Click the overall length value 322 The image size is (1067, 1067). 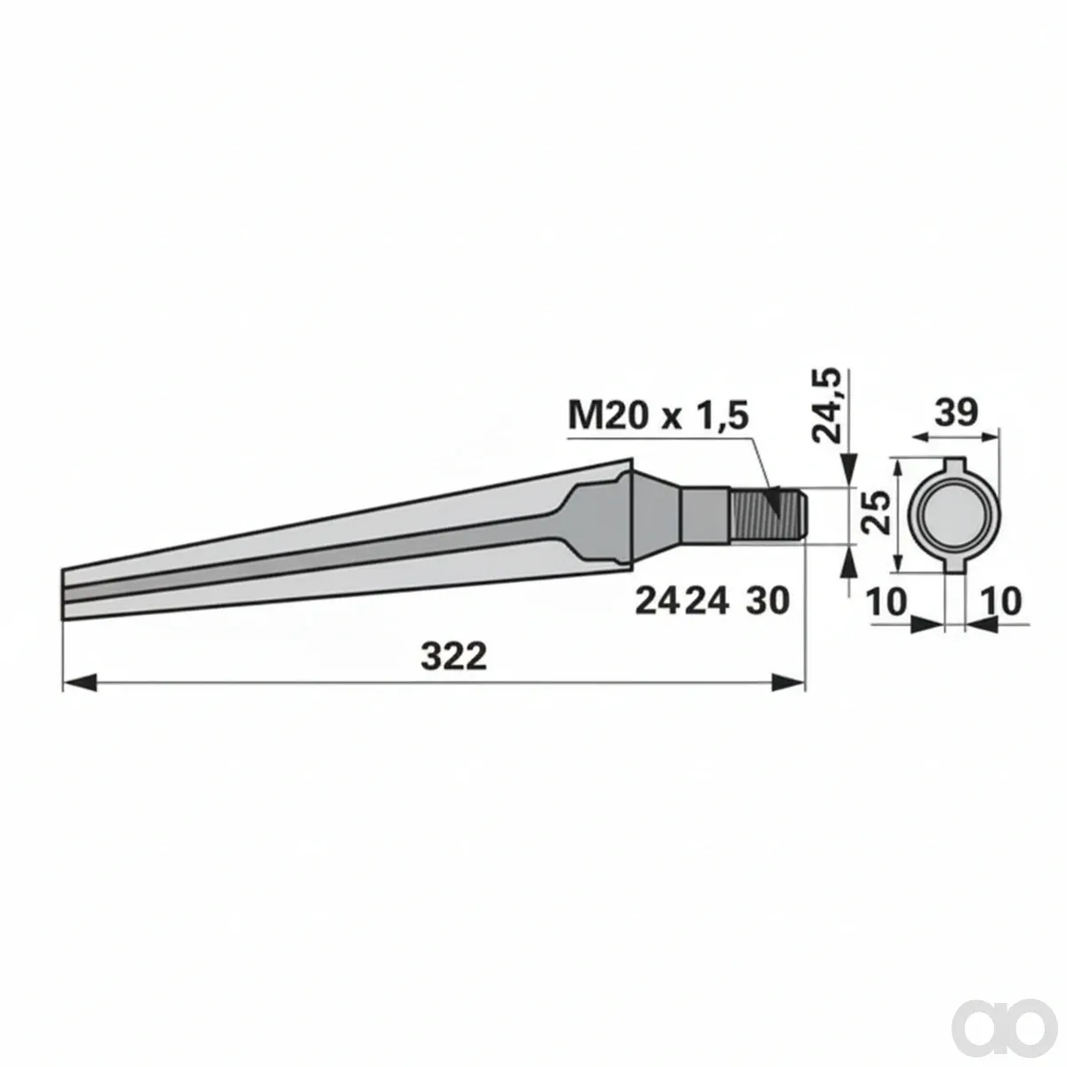click(x=453, y=657)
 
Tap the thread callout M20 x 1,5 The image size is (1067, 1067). click(x=658, y=415)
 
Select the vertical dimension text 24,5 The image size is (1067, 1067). click(x=826, y=404)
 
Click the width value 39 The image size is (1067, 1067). click(x=956, y=412)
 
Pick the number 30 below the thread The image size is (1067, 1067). click(x=766, y=601)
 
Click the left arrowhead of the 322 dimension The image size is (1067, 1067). click(x=80, y=683)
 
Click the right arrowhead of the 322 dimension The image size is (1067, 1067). click(x=788, y=683)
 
